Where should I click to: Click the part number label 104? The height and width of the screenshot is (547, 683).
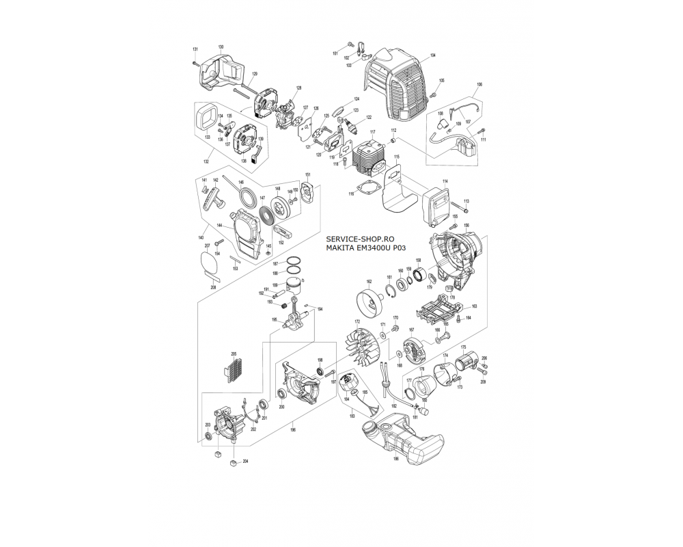click(x=433, y=55)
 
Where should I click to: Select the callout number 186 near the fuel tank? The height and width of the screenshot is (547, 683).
click(x=395, y=459)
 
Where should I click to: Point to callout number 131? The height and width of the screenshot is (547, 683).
click(x=195, y=49)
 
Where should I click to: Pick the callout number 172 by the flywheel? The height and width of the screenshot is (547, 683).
click(x=356, y=321)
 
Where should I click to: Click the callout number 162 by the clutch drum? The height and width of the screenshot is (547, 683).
click(x=369, y=281)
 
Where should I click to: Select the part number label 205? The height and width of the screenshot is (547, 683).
click(x=234, y=353)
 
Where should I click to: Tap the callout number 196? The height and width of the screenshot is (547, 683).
click(x=292, y=430)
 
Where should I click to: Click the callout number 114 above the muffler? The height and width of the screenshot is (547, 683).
click(x=444, y=181)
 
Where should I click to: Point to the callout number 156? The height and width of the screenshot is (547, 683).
click(x=466, y=225)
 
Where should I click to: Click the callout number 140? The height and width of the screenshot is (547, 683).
click(x=201, y=237)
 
